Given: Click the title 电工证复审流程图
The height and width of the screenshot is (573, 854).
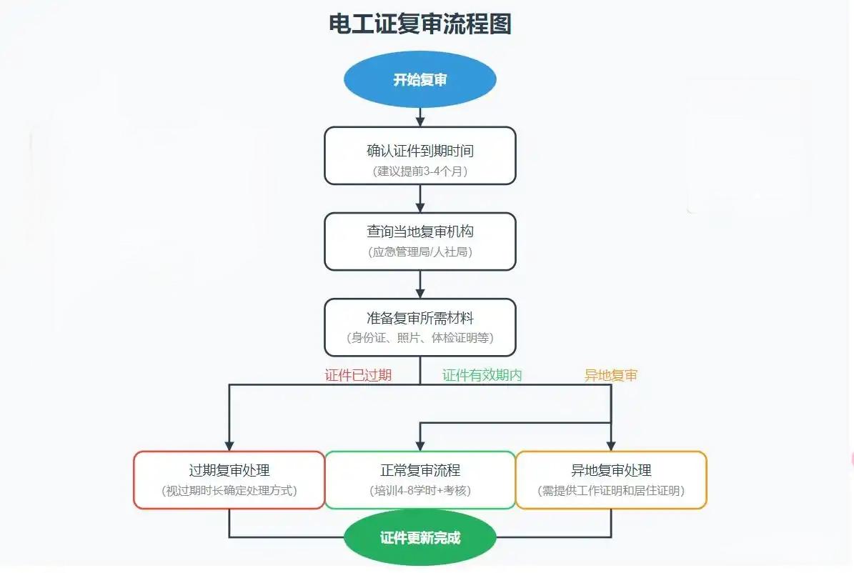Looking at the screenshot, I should (x=419, y=24).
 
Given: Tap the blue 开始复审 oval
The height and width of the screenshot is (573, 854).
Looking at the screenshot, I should (x=419, y=79).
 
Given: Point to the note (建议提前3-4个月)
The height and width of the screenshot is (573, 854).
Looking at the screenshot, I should (x=419, y=171).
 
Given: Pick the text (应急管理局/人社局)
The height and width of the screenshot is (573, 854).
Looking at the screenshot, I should (x=419, y=252).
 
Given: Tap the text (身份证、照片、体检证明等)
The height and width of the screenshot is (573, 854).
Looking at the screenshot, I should (x=419, y=338).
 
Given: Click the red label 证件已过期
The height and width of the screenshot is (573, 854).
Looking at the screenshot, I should (x=358, y=375).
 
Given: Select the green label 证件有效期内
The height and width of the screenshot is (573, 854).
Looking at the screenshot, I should (x=482, y=375).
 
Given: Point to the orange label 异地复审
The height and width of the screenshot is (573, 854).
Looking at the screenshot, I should (x=611, y=375).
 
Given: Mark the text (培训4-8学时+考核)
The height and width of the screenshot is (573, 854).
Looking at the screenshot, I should (x=419, y=491).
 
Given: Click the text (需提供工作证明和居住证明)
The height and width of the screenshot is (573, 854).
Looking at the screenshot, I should (x=611, y=491).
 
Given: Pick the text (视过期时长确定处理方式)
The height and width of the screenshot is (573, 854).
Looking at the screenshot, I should (x=229, y=491).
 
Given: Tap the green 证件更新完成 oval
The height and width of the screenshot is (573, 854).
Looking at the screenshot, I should (x=419, y=538).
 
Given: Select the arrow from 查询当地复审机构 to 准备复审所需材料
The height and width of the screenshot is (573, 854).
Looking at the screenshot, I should (x=419, y=284).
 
